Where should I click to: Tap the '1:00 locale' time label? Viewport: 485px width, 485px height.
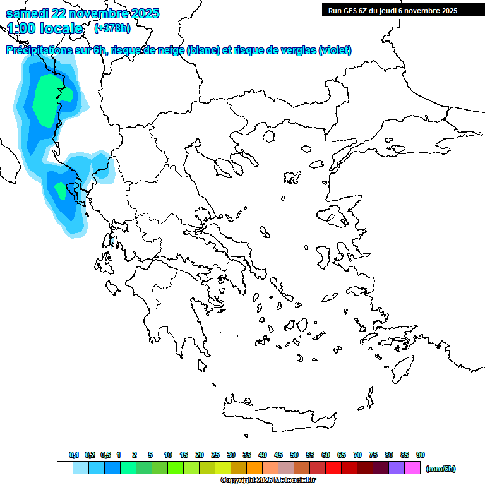pos(45,28)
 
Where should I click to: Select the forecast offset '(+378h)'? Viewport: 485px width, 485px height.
pos(112,28)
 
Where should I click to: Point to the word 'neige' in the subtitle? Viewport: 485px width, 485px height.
pos(171,51)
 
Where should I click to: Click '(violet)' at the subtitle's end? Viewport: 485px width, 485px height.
pos(335,51)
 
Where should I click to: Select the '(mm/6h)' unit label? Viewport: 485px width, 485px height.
pos(441,469)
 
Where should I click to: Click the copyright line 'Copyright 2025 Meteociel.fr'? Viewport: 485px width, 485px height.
pos(268,481)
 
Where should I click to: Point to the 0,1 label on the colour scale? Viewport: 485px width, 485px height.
pos(74,455)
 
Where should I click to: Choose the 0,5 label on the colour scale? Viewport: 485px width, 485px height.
pos(105,455)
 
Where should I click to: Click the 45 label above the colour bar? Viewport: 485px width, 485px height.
pos(278,455)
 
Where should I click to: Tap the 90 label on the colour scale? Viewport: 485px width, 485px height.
pos(421,455)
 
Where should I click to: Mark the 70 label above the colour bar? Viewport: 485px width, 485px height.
pos(357,455)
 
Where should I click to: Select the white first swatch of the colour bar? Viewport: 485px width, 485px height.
pos(64,468)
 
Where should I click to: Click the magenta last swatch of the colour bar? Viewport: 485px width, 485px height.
pos(412,468)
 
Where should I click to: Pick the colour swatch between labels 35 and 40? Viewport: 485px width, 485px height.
pos(254,468)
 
